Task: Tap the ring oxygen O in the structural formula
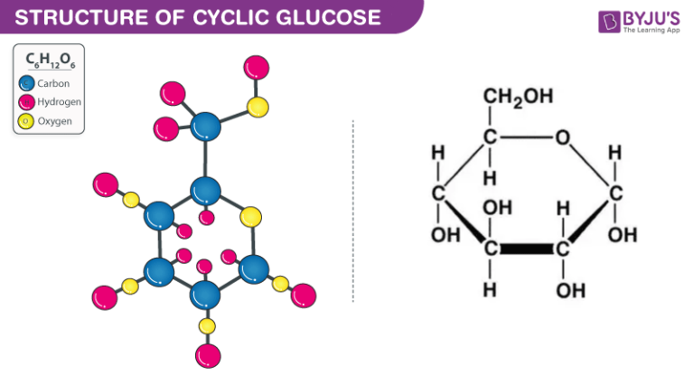562,138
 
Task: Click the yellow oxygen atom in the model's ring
251,216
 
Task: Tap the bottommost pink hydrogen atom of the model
208,354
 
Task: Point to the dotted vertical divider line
353,208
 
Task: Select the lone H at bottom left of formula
489,290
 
